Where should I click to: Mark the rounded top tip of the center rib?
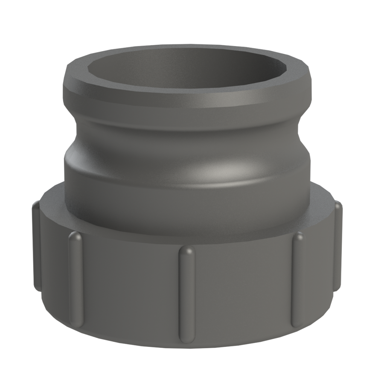click(x=186, y=251)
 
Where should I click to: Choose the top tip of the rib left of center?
click(x=75, y=236)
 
